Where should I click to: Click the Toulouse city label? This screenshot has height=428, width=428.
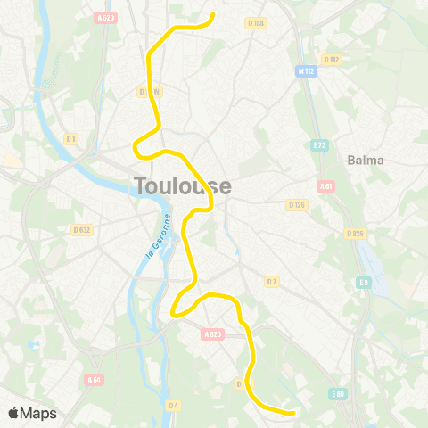pyautogui.click(x=183, y=186)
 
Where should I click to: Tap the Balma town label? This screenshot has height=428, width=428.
pyautogui.click(x=366, y=160)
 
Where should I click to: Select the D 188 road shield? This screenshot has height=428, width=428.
pyautogui.click(x=257, y=23)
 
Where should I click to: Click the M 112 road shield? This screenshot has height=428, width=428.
pyautogui.click(x=307, y=70)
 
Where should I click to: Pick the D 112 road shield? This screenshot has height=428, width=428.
pyautogui.click(x=333, y=59)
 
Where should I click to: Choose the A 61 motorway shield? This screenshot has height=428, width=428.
pyautogui.click(x=325, y=186)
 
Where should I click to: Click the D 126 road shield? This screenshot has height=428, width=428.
pyautogui.click(x=297, y=204)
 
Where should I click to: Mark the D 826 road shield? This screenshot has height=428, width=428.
pyautogui.click(x=356, y=234)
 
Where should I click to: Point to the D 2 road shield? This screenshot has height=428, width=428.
pyautogui.click(x=272, y=281)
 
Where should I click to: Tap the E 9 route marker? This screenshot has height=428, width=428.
pyautogui.click(x=364, y=283)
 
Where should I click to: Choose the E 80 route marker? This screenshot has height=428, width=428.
pyautogui.click(x=337, y=393)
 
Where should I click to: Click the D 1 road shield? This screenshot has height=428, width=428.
pyautogui.click(x=70, y=138)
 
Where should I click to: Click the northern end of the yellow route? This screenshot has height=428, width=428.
pyautogui.click(x=213, y=15)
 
